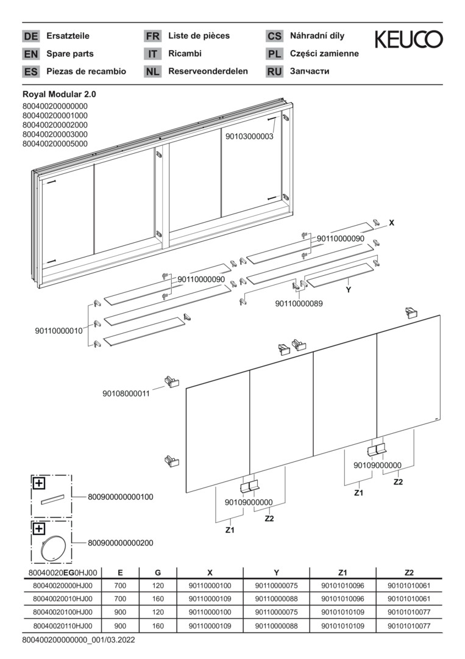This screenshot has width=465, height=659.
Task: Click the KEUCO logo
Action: click(x=408, y=39)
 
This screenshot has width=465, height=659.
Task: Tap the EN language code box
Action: click(x=30, y=54)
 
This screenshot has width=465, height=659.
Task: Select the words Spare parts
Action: click(x=70, y=54)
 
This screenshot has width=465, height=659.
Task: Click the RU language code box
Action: click(x=274, y=71)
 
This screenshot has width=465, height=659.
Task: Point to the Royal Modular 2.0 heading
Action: click(x=59, y=95)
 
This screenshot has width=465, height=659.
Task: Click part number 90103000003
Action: click(x=249, y=137)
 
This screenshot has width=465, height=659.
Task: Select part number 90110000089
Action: click(x=299, y=303)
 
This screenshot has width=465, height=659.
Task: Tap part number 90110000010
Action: click(x=59, y=331)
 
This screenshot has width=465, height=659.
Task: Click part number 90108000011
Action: click(x=126, y=394)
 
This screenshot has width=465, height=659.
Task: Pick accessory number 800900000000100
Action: click(x=121, y=497)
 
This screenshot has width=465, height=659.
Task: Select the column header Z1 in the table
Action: click(x=343, y=572)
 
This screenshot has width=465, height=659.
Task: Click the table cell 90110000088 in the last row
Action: click(x=276, y=626)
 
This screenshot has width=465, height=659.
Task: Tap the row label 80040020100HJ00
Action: click(x=63, y=613)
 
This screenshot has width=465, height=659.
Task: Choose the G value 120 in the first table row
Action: click(x=158, y=585)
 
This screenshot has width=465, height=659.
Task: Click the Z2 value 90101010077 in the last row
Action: click(x=409, y=626)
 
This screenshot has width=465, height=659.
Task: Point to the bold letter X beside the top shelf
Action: click(x=391, y=223)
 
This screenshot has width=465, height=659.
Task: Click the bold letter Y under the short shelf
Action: click(x=349, y=290)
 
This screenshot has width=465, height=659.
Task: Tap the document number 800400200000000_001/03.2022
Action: click(x=79, y=640)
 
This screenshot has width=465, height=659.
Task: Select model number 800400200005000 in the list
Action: click(x=55, y=144)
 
